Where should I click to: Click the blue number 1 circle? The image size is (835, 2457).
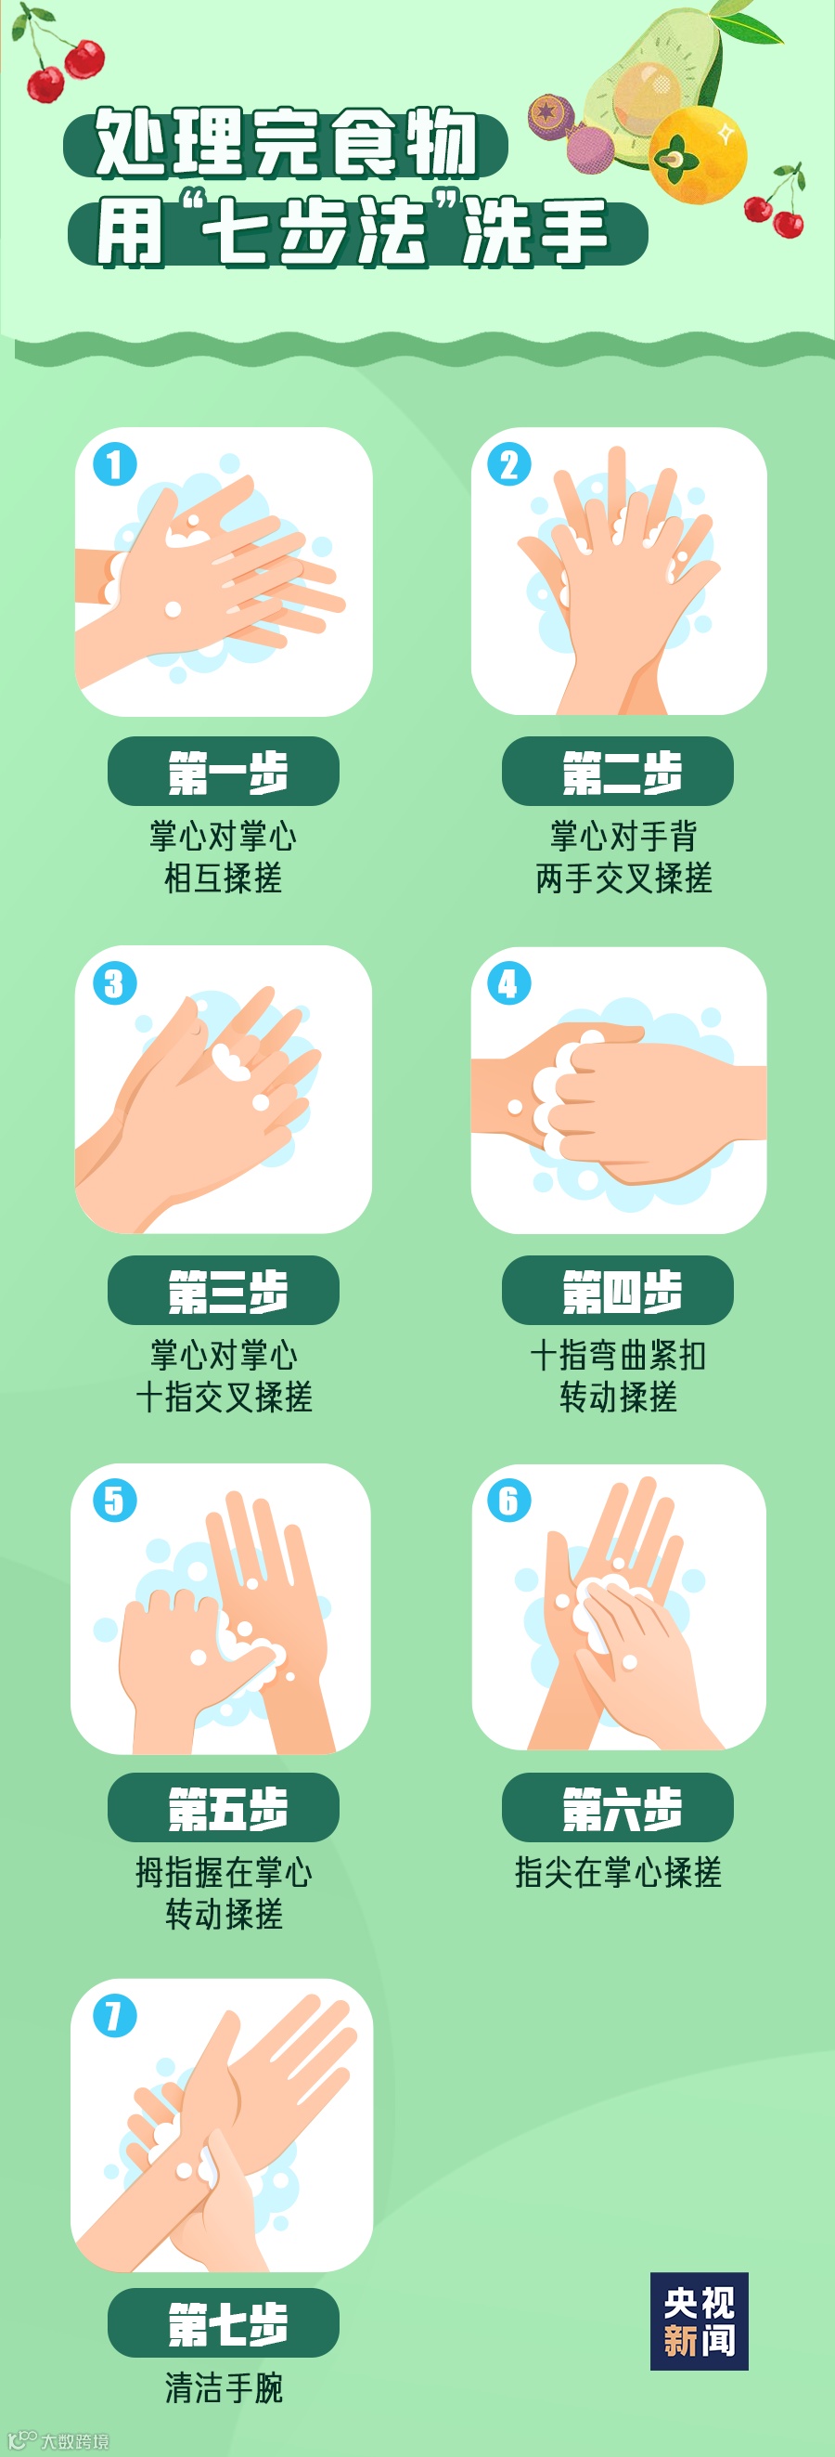point(114,465)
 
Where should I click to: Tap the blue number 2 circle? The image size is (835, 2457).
point(509,465)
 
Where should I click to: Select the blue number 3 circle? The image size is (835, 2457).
point(114,983)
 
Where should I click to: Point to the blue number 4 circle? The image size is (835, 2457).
point(509,983)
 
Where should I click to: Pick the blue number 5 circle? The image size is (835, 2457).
point(114,1501)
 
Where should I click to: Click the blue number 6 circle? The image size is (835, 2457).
point(509,1501)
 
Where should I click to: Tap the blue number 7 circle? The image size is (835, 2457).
point(114,2017)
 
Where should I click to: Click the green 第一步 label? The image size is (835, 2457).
point(223,772)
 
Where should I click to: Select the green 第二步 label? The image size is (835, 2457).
point(618,772)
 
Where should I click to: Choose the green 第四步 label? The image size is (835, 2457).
point(618,1291)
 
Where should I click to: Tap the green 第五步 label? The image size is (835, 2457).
point(223,1807)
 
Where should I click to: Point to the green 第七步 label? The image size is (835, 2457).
point(223,2322)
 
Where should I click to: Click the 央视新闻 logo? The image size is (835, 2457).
point(700,2321)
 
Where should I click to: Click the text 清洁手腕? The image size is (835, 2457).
point(224,2388)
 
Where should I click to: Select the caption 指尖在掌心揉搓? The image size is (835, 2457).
point(618,1873)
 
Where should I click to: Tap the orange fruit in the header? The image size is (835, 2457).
point(699,154)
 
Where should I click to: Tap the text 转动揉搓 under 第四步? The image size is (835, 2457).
point(619,1397)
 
